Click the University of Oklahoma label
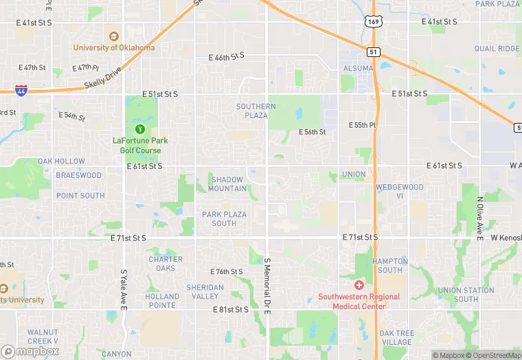(x=114, y=47)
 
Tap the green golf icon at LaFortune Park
(x=139, y=128)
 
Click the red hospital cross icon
(x=359, y=284)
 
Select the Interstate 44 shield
(x=21, y=89)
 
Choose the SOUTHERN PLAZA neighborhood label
(x=256, y=111)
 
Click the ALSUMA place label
(x=357, y=69)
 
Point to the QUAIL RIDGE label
(x=497, y=49)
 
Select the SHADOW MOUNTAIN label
(x=227, y=184)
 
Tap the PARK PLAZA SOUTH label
(x=224, y=218)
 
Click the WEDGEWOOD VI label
(x=400, y=192)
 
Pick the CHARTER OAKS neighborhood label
(x=166, y=264)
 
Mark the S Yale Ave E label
(x=124, y=289)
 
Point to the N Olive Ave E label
(x=480, y=218)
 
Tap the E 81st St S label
(x=230, y=310)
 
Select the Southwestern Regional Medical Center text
(x=359, y=301)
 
